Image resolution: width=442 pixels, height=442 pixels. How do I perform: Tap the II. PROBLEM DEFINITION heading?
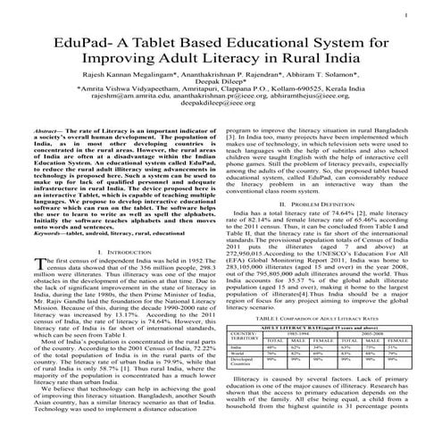[322, 204]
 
